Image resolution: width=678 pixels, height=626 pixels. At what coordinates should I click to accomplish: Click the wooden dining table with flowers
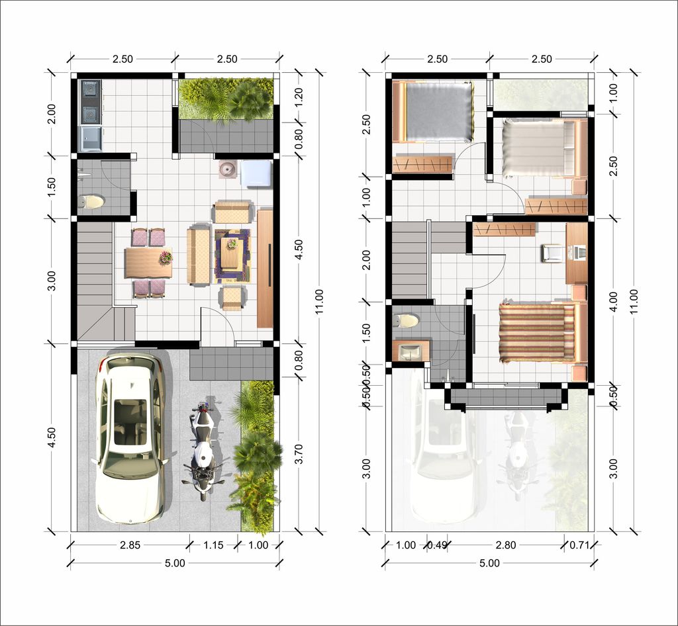tap(148, 262)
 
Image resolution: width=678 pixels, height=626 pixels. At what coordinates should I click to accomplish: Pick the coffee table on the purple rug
tap(231, 255)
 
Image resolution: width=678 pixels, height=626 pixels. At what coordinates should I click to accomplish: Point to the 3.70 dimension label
tap(299, 454)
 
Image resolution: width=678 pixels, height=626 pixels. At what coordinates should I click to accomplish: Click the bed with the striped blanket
tap(536, 333)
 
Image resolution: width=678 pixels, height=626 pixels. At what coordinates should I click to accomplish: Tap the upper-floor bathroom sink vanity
tap(411, 351)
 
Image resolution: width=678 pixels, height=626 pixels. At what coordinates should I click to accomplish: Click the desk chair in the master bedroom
tap(551, 253)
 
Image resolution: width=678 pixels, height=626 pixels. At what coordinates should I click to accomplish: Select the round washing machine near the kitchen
tap(228, 169)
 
